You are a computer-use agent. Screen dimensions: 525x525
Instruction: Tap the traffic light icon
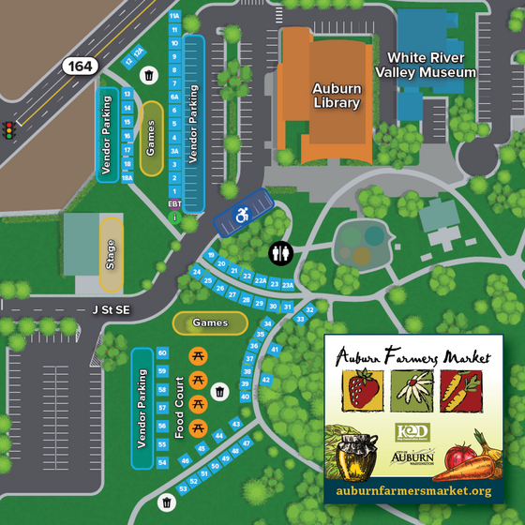point(10,130)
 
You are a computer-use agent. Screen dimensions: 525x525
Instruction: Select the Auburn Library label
point(336,96)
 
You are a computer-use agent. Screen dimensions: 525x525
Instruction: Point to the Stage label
point(111,255)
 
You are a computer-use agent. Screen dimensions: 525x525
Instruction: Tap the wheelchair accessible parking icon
point(242,215)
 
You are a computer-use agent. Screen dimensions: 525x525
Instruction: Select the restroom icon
point(281,253)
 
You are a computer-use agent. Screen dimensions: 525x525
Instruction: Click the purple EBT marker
point(173,202)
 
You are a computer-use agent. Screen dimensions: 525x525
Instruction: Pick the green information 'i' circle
point(173,217)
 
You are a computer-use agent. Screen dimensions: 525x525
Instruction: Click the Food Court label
point(179,408)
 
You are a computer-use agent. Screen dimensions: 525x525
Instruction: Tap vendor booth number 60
point(162,353)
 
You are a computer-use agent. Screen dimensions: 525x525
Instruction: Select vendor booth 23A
point(289,284)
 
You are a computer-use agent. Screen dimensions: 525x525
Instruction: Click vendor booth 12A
point(138,52)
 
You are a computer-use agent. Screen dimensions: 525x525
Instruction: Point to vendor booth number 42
point(265,380)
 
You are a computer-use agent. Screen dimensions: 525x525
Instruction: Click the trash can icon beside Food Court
point(219,391)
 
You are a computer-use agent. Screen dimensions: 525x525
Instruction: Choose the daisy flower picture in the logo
point(412,389)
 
